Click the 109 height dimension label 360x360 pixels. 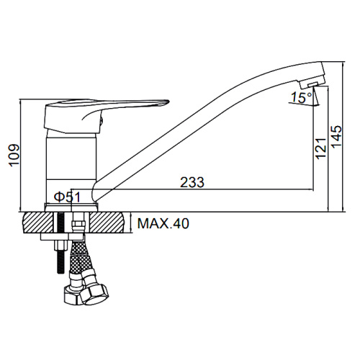point(14,155)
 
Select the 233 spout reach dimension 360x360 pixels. point(192,182)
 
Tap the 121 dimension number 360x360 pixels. point(320,148)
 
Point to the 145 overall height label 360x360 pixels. point(336,137)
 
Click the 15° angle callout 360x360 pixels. point(302,98)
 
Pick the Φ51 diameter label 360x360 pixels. point(67,197)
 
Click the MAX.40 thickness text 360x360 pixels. point(163,223)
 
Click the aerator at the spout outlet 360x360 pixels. point(312,84)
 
